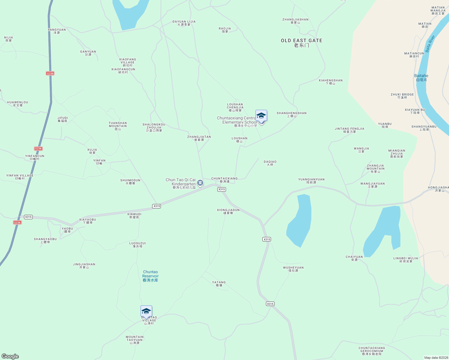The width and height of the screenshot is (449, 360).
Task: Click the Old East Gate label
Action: (302, 43)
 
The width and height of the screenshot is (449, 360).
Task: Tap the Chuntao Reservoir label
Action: (150, 276)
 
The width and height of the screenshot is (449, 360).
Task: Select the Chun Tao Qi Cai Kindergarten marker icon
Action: (200, 183)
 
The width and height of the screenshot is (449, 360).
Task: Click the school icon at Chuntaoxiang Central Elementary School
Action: (261, 116)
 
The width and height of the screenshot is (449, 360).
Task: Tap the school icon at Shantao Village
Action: (146, 311)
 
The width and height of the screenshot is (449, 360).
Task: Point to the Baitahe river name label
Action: (421, 78)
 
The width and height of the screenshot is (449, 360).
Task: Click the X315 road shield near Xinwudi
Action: (156, 206)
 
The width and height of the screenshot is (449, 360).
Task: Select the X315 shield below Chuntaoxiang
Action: (221, 189)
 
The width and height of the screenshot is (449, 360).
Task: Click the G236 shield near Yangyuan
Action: (50, 73)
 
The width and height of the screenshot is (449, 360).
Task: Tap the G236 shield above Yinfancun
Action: (38, 148)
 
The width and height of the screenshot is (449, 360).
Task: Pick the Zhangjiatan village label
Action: (199, 138)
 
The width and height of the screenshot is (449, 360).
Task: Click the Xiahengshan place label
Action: (330, 82)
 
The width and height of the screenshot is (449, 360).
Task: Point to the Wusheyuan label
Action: (293, 269)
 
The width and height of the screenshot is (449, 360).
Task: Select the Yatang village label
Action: (219, 284)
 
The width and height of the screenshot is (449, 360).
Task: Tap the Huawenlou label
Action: (18, 104)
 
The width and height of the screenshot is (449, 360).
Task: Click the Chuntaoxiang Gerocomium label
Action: (372, 351)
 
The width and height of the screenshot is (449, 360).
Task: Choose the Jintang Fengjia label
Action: (349, 130)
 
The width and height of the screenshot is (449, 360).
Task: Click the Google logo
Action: (10, 356)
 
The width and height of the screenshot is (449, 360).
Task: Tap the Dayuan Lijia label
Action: (184, 23)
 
